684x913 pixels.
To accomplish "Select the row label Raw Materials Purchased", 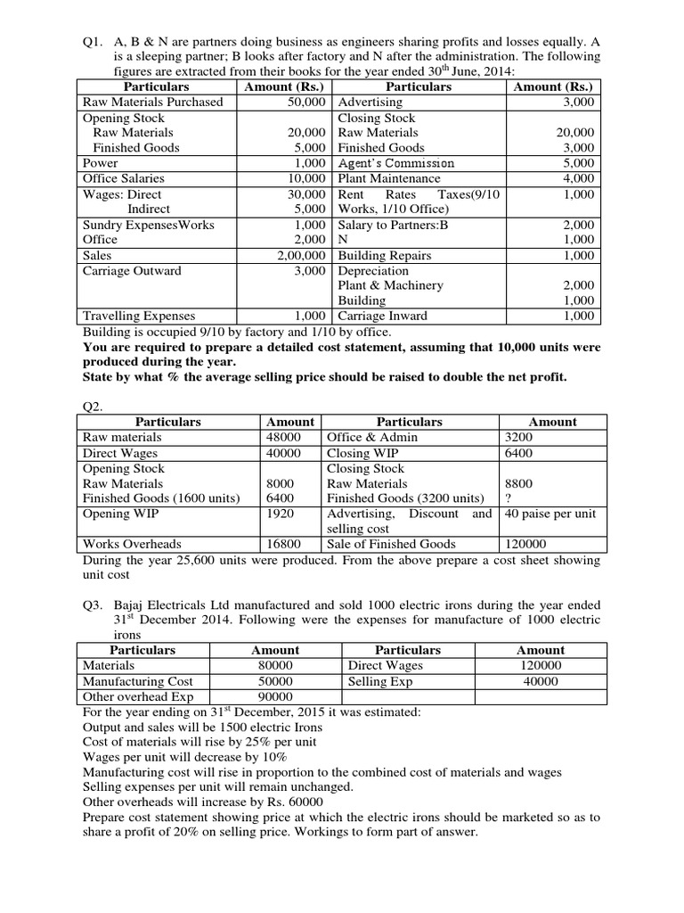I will coord(152,102).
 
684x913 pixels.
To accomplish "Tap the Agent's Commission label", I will coord(396,163).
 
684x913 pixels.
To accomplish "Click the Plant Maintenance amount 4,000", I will coord(580,178).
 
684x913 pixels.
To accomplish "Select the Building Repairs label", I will coord(384,255).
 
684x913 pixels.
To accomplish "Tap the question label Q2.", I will coord(93,406).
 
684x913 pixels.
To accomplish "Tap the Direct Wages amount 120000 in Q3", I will coord(540,665).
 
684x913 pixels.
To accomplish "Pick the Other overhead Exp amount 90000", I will coord(275,695).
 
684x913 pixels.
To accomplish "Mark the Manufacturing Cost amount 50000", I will coord(275,680).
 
